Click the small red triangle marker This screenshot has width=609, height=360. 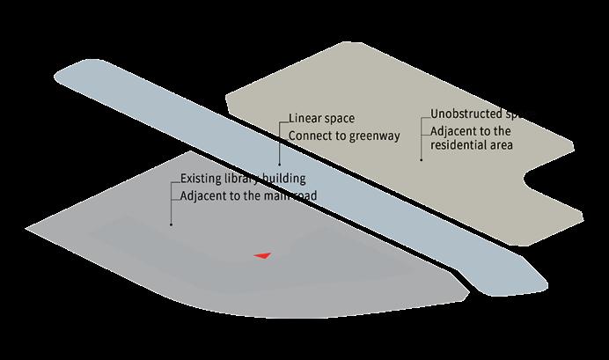pyautogui.click(x=261, y=255)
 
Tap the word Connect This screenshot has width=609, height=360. pyautogui.click(x=312, y=136)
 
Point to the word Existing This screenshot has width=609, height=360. pyautogui.click(x=202, y=179)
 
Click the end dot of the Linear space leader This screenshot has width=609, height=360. pyautogui.click(x=278, y=165)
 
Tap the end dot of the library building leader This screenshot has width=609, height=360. pyautogui.click(x=171, y=224)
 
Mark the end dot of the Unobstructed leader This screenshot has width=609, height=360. pyautogui.click(x=422, y=160)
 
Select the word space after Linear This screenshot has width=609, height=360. pyautogui.click(x=344, y=119)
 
